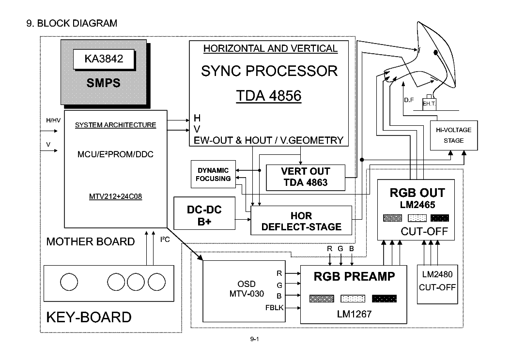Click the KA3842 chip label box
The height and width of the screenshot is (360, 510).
(104, 60)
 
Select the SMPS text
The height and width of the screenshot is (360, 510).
(104, 83)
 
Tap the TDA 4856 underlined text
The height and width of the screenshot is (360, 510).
(269, 96)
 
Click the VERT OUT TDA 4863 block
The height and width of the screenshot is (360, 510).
(305, 177)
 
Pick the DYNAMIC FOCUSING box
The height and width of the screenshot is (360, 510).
(213, 175)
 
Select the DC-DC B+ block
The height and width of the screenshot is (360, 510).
(204, 216)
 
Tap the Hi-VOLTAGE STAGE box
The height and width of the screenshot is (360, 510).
(453, 135)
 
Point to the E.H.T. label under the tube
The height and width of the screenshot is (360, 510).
(429, 104)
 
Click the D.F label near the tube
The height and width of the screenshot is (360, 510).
(408, 100)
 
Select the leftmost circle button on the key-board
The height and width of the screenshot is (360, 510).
(69, 281)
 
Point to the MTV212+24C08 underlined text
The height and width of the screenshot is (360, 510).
(115, 197)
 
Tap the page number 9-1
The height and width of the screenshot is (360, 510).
(255, 340)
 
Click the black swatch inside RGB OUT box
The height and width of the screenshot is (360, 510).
(439, 218)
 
